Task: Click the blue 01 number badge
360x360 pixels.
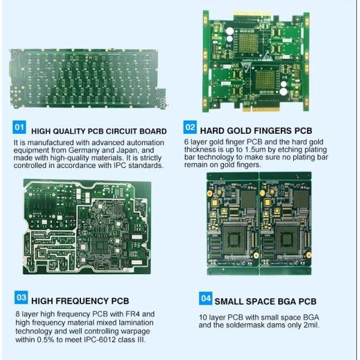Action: click(19, 128)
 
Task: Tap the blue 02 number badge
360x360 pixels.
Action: click(190, 127)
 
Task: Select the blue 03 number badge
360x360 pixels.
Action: click(20, 297)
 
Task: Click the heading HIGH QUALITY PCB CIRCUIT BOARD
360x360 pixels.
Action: click(98, 131)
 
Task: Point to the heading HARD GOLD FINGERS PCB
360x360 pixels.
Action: click(256, 130)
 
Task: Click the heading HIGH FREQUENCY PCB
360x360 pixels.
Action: click(80, 301)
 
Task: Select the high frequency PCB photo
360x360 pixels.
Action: click(87, 226)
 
